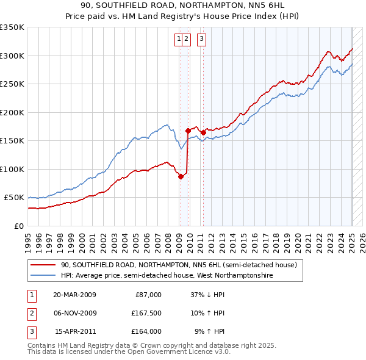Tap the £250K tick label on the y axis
pos(12,84)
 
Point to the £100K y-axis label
pos(12,169)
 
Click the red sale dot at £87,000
pos(181,176)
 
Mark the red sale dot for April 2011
pos(203,132)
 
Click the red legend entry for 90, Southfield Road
pos(178,265)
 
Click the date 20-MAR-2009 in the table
pos(74,295)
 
